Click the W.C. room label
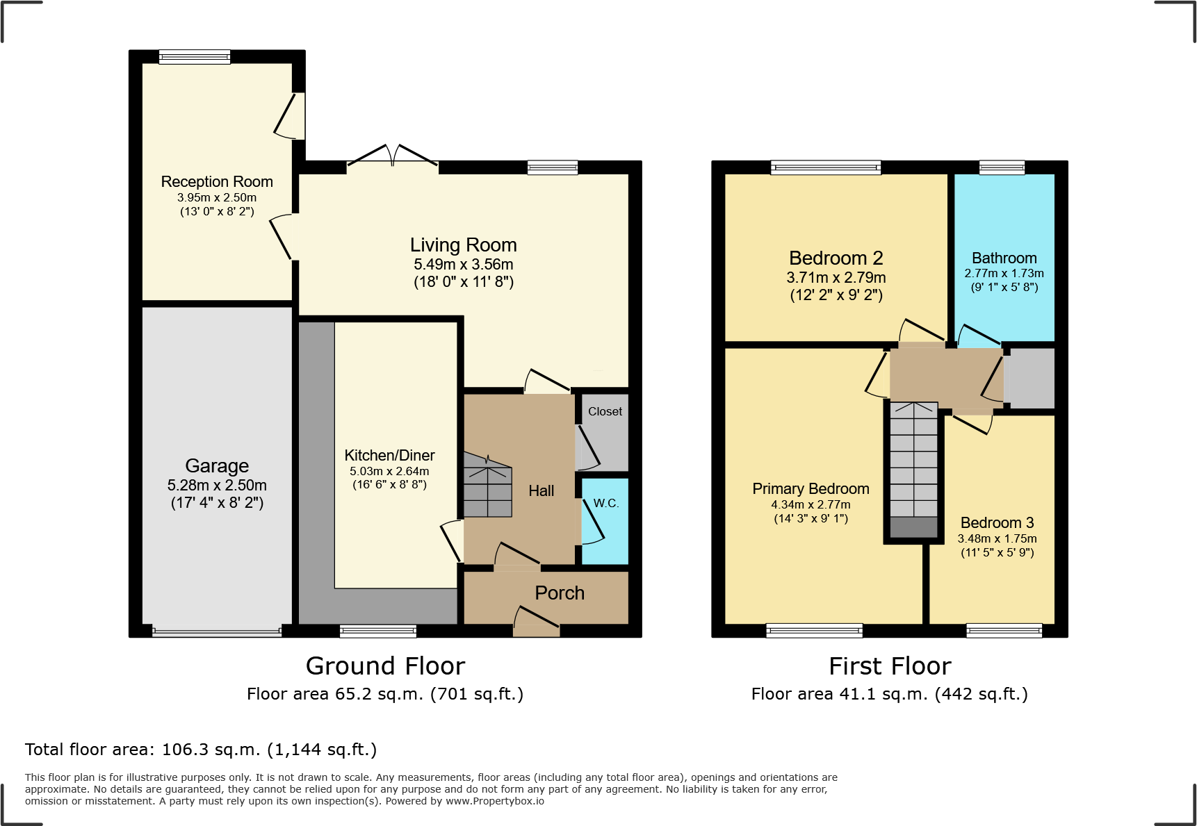click(606, 504)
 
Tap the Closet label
click(605, 411)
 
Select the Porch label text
click(560, 593)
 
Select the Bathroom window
click(1002, 167)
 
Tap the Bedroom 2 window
click(825, 167)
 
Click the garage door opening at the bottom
click(217, 632)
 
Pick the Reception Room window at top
click(195, 57)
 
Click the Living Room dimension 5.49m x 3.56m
click(464, 265)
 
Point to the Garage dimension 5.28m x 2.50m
click(217, 486)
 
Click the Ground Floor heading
click(385, 666)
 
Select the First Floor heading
click(890, 666)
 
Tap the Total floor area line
click(201, 750)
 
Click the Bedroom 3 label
click(997, 523)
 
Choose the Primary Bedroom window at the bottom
click(814, 631)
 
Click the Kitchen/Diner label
click(389, 456)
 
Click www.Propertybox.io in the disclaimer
click(495, 801)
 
